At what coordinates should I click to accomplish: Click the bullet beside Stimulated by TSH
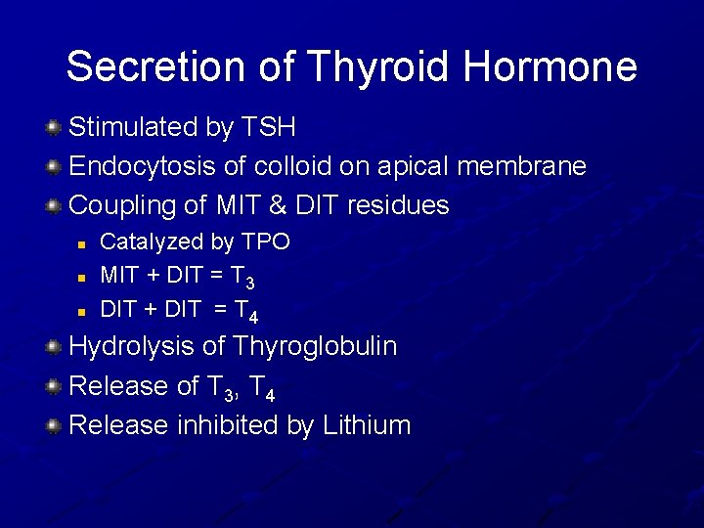click(x=55, y=127)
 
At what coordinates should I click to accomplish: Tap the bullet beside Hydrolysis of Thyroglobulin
click(x=55, y=346)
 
